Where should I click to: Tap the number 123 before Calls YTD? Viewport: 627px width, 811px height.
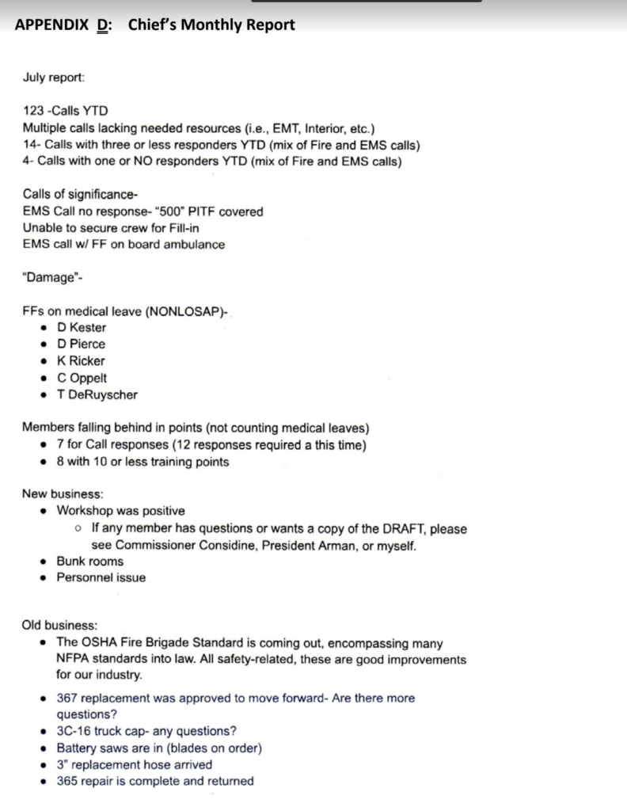pos(33,112)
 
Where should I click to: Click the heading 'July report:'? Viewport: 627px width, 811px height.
pos(55,78)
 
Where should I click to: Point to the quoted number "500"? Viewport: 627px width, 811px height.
pos(145,211)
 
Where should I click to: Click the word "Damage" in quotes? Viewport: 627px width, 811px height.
pos(47,278)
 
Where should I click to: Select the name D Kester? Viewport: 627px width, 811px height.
pos(82,328)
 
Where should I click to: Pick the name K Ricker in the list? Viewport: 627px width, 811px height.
pos(81,361)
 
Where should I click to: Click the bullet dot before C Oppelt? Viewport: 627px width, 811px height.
pos(44,379)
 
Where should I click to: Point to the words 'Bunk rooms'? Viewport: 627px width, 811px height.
pos(89,562)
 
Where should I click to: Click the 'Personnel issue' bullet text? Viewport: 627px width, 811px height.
pos(101,578)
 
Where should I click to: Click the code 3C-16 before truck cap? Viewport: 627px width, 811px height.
pos(74,731)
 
